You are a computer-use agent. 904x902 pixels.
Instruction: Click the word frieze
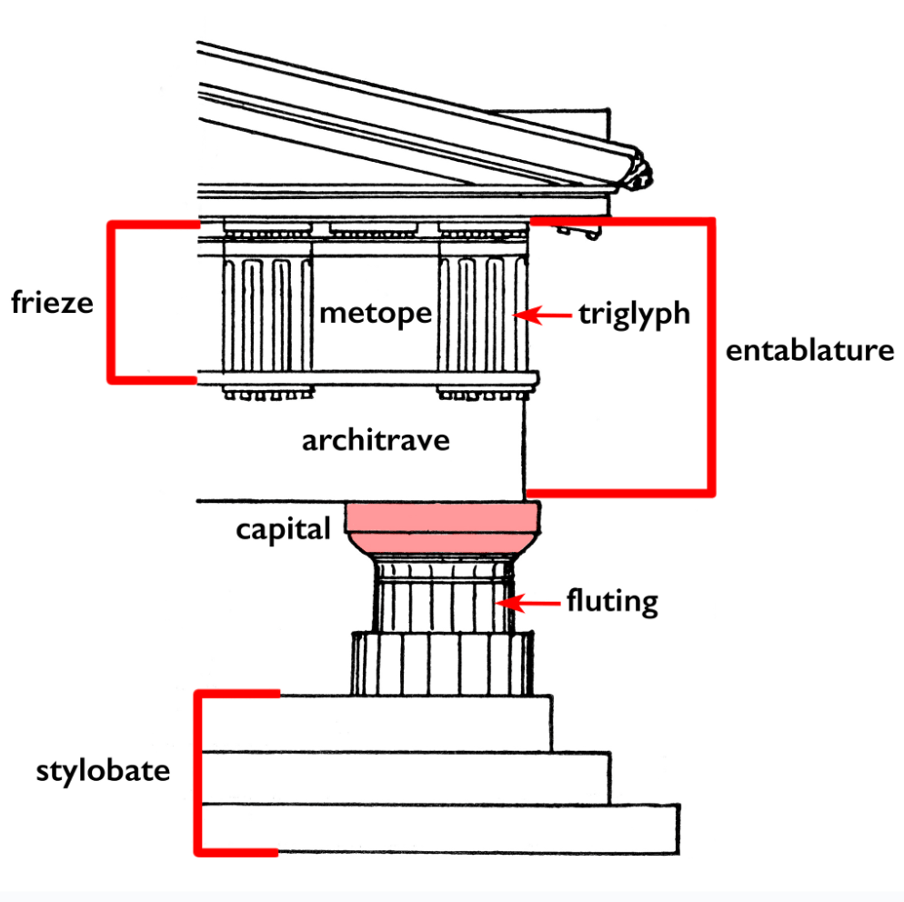(52, 302)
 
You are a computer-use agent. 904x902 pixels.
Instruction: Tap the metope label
(376, 313)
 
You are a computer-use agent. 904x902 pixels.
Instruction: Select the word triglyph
(634, 315)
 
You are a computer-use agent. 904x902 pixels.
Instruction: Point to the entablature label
(809, 350)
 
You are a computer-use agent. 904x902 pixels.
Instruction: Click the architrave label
(376, 440)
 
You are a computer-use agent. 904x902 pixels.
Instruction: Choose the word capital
(283, 530)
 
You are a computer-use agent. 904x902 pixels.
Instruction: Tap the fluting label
(612, 602)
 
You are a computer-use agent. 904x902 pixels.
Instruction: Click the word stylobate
(103, 770)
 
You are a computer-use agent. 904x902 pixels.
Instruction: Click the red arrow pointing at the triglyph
(542, 316)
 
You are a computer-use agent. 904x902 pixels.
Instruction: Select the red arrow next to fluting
(528, 604)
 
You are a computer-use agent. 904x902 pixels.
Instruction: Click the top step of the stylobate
(376, 724)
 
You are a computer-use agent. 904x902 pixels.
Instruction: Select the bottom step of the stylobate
(439, 828)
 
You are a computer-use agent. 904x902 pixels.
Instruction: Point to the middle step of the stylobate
(405, 778)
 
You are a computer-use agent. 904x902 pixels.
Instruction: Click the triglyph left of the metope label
(267, 314)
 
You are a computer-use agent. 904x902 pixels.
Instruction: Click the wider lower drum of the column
(442, 664)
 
